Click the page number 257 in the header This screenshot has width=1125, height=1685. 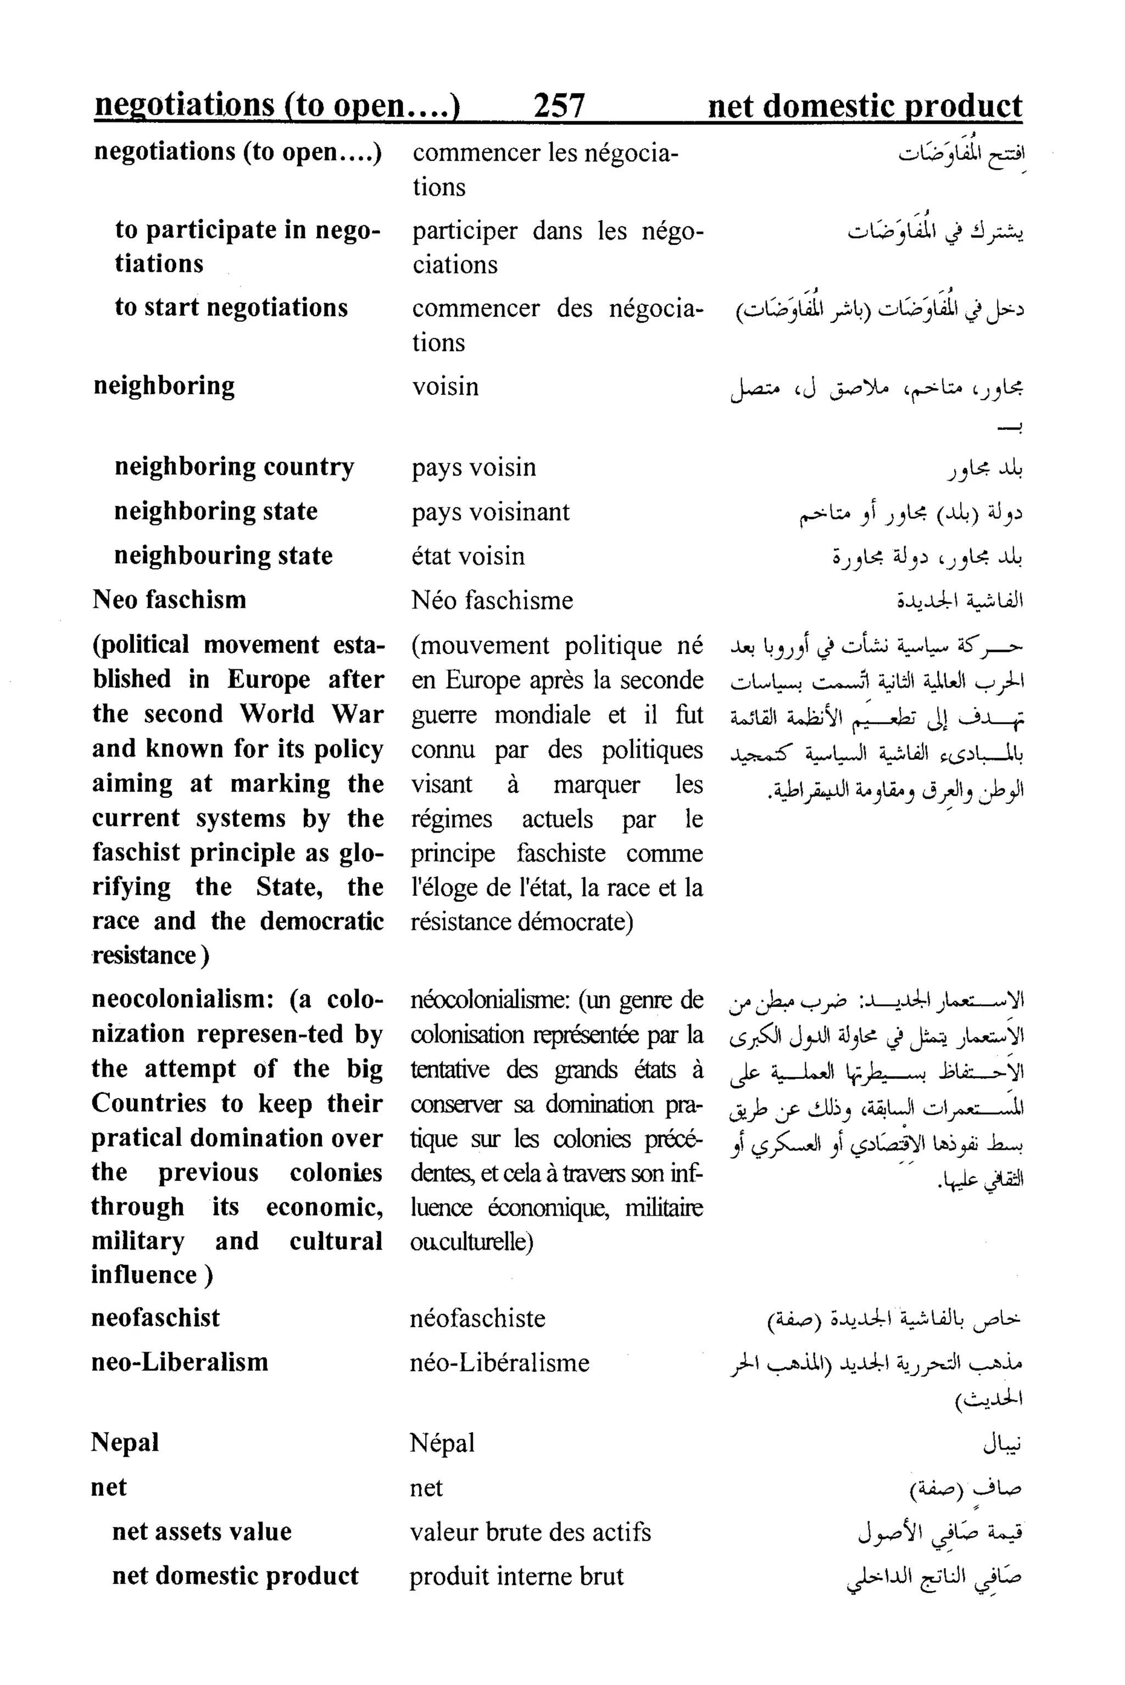[x=559, y=105]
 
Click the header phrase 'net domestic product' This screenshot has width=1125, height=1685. [x=865, y=105]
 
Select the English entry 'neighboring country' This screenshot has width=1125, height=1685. [x=234, y=467]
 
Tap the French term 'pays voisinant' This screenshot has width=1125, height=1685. [x=490, y=512]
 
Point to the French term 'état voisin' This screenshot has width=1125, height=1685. [x=468, y=556]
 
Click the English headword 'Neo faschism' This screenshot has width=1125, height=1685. [x=169, y=600]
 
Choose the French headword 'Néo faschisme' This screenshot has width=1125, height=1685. [x=492, y=600]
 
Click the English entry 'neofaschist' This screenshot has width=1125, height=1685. [x=155, y=1318]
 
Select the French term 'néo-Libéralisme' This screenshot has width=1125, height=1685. [x=499, y=1362]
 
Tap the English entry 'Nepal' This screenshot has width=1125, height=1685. [x=125, y=1442]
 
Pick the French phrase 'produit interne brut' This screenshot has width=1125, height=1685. [x=516, y=1576]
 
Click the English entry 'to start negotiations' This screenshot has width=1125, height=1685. [x=231, y=307]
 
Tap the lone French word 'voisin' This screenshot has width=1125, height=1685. [x=445, y=387]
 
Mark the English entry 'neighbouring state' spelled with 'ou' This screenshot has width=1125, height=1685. [x=223, y=556]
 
